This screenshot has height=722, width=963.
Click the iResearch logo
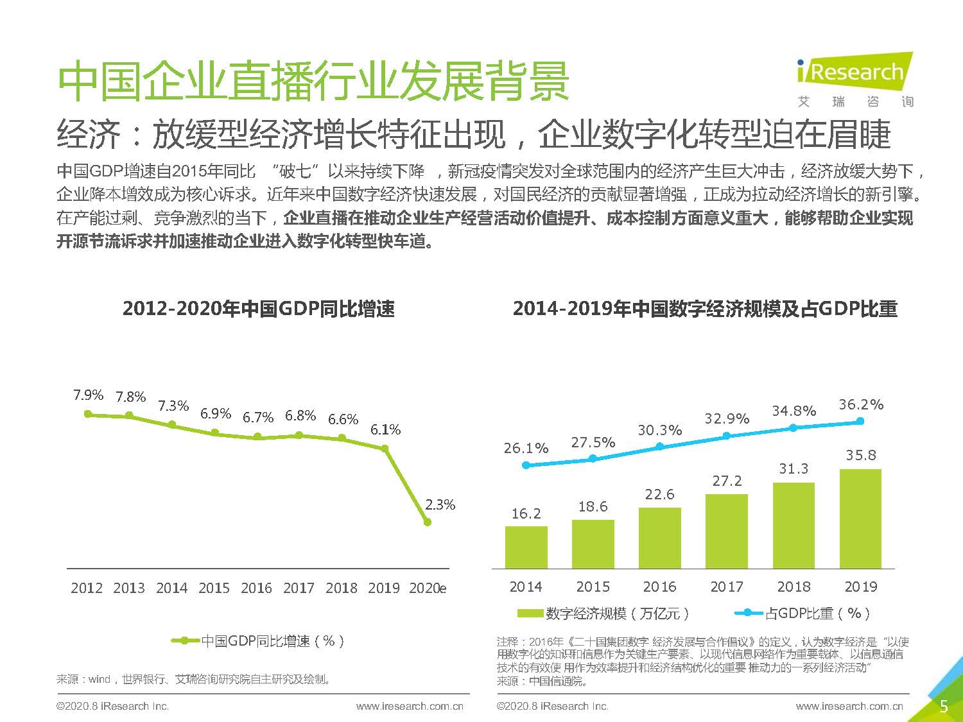pos(855,80)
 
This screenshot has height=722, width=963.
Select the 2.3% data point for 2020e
pos(428,522)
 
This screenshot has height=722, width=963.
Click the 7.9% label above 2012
pos(89,395)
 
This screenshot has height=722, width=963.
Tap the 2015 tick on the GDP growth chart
pos(214,588)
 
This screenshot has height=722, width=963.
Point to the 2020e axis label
pos(428,588)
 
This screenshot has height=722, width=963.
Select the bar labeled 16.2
pos(526,547)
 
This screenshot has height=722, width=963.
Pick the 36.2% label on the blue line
pos(861,404)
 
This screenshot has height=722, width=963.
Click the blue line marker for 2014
pos(526,465)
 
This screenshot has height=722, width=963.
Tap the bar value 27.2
pos(727,481)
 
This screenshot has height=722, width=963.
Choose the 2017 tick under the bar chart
pos(727,587)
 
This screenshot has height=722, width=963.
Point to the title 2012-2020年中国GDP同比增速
pos(259,309)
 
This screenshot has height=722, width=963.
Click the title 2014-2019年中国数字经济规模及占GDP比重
pos(705,309)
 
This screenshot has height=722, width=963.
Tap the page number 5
pos(943,707)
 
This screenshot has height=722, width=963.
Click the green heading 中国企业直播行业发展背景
pos(313,82)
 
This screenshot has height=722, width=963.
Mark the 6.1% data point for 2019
pos(385,449)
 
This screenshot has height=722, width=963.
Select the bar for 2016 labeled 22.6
pos(660,538)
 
